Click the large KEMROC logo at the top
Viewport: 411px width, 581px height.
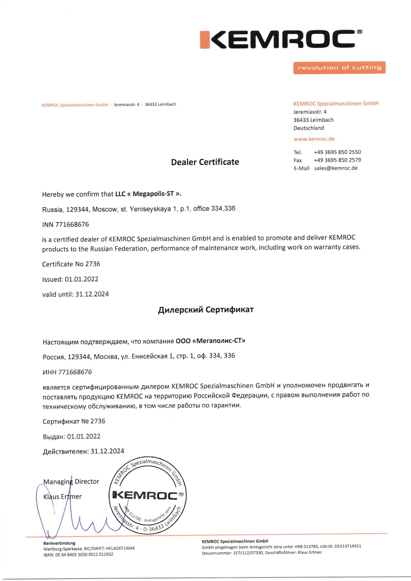(281, 40)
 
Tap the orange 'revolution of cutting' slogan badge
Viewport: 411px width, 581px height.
(339, 68)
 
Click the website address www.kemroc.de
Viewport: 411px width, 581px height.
(314, 139)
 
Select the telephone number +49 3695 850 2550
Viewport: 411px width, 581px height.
(337, 152)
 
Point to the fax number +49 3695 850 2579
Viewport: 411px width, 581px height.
(337, 160)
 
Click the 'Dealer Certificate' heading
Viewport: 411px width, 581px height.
(205, 162)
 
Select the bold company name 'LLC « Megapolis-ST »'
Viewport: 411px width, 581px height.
(148, 194)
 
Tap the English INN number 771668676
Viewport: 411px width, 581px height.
(72, 224)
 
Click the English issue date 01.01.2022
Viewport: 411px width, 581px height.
(82, 279)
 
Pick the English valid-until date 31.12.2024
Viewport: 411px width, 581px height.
(92, 294)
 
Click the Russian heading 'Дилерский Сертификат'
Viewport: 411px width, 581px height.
(206, 310)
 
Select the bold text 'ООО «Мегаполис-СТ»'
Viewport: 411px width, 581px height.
(210, 341)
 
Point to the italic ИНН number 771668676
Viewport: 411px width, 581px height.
(75, 372)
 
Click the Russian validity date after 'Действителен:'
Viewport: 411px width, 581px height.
(107, 451)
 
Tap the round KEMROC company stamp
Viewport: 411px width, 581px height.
(148, 495)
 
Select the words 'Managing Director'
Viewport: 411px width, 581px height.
(71, 482)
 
